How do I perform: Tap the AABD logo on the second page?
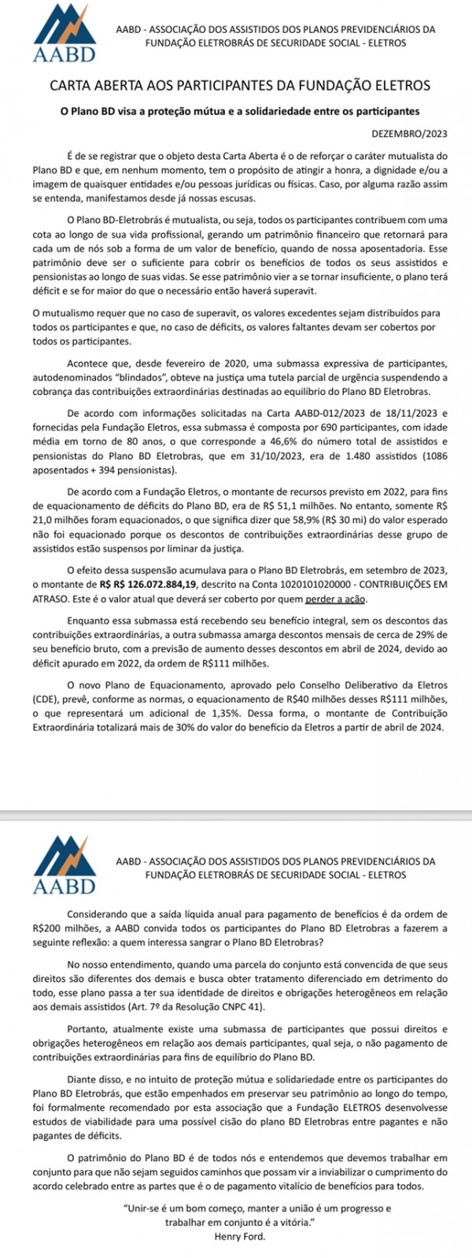65,864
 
